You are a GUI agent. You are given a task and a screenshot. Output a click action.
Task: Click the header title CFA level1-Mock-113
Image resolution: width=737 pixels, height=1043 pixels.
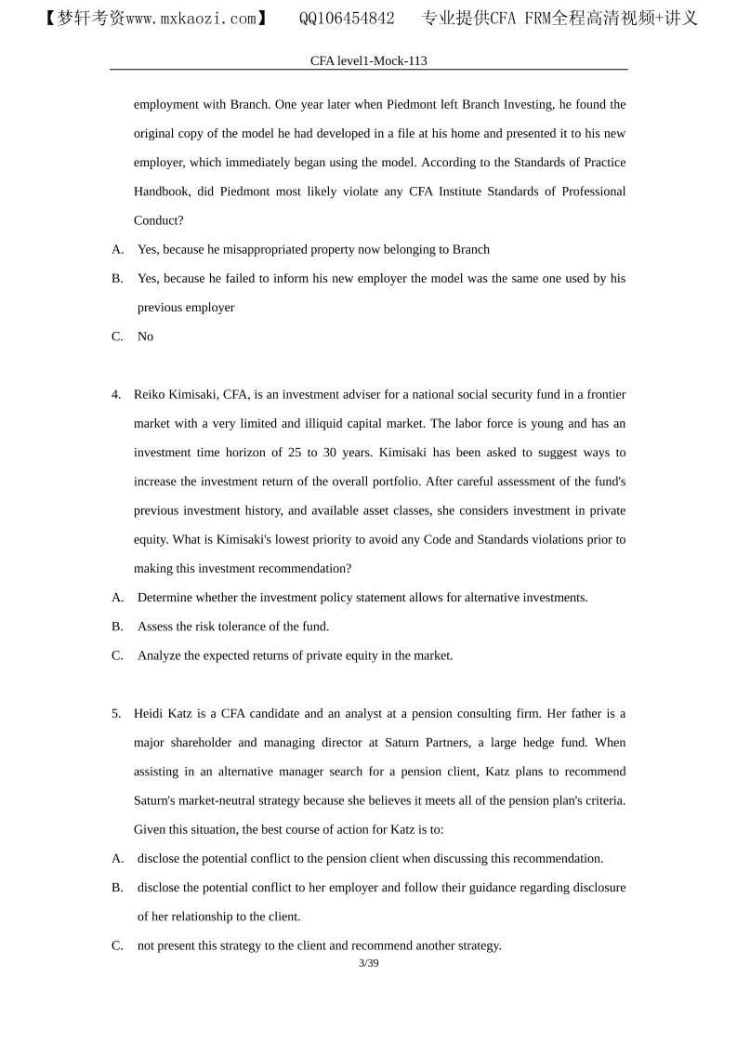368,60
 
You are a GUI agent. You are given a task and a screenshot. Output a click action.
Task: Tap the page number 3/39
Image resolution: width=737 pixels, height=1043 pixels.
368,963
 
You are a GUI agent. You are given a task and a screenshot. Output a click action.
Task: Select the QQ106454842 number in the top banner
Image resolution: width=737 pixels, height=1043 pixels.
346,19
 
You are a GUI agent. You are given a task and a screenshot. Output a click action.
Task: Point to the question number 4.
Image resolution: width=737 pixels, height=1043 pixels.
116,394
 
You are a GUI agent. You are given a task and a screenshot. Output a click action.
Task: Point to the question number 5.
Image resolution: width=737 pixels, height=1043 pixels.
116,714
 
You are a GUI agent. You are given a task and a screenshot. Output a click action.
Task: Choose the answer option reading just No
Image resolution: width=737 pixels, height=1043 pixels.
145,337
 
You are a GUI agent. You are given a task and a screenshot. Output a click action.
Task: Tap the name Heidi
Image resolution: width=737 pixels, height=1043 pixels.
150,714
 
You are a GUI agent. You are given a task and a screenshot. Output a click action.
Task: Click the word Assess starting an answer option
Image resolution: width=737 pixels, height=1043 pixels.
156,627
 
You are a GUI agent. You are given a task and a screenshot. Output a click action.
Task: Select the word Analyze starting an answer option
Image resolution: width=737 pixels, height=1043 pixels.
160,655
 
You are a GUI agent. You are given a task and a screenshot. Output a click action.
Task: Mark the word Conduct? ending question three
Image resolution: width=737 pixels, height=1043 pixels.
159,220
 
